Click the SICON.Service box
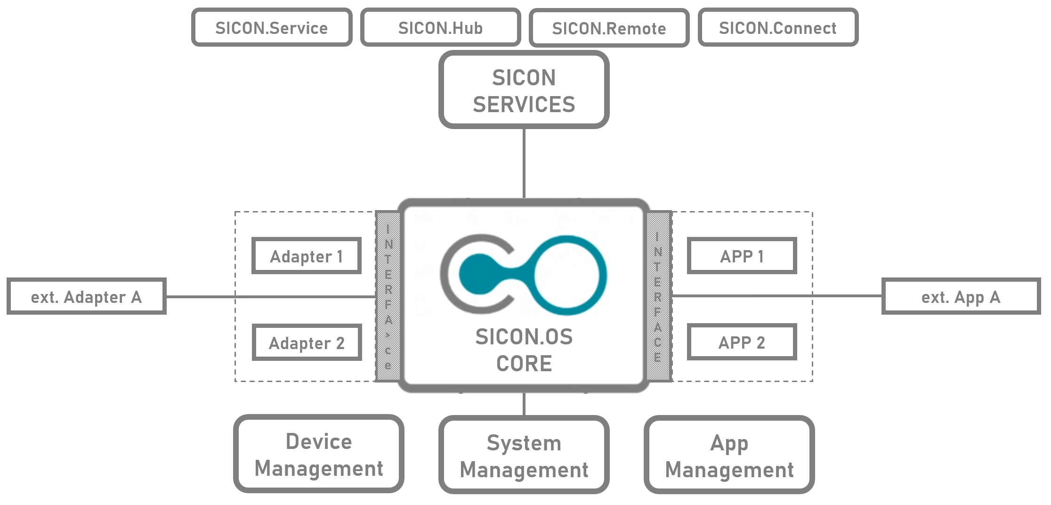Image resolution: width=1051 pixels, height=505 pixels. click(x=272, y=28)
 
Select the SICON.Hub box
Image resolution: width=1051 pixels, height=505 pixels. click(x=440, y=28)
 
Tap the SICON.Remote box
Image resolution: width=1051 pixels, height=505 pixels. click(x=609, y=28)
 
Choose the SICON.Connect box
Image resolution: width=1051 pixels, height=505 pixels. click(x=778, y=28)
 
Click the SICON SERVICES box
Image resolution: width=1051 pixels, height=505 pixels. click(x=524, y=90)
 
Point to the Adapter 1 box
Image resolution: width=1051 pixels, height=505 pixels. click(x=307, y=256)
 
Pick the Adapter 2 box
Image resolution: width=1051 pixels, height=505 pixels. click(x=307, y=342)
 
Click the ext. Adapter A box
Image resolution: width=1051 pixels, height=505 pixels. click(x=87, y=297)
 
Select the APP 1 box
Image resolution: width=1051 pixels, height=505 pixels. click(x=742, y=256)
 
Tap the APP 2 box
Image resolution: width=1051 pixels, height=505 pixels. click(x=742, y=342)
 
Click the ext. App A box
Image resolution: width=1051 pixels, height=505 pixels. click(x=961, y=296)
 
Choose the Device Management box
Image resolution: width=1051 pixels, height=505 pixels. click(x=319, y=454)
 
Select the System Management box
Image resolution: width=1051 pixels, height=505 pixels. click(x=524, y=455)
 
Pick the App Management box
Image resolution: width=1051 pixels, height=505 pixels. click(x=729, y=455)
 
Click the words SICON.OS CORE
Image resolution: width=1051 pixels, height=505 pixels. click(x=524, y=350)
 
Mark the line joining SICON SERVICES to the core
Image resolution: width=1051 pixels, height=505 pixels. click(x=524, y=163)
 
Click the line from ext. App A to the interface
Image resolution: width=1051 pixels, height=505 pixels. click(x=777, y=296)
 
